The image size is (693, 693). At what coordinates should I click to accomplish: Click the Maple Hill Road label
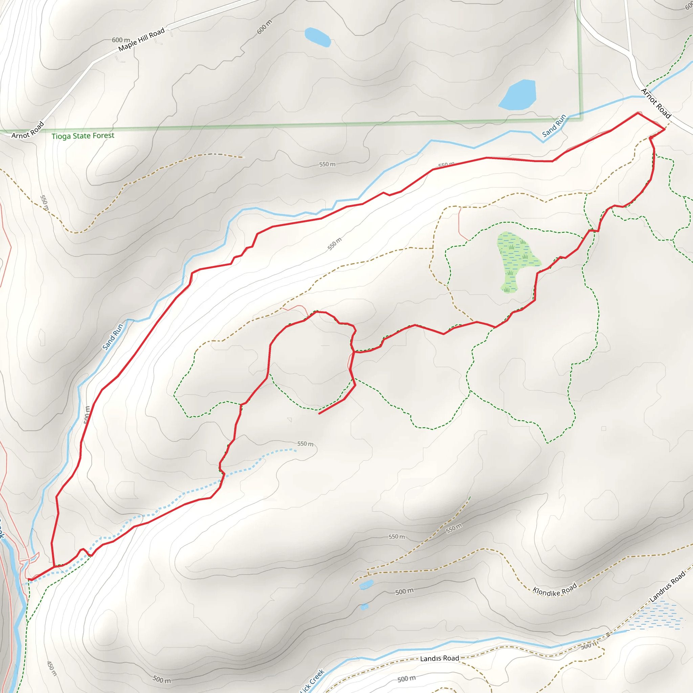141,39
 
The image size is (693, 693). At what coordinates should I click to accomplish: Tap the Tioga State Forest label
83,136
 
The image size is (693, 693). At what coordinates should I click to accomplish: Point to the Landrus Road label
667,586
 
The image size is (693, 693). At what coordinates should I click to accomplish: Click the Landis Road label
440,658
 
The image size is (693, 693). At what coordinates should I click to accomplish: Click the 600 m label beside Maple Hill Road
120,40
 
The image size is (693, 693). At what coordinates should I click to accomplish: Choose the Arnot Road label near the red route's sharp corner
656,103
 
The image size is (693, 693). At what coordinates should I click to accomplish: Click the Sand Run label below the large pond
554,126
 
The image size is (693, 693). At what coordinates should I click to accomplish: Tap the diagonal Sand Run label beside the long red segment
113,336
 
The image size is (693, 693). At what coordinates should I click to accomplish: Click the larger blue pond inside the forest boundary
518,95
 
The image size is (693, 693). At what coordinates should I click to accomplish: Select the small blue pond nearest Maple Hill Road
317,37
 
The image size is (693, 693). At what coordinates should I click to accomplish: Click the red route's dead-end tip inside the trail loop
319,414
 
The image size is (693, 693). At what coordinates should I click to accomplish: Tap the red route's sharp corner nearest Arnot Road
665,129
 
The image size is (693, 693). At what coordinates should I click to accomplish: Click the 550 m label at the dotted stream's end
305,444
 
